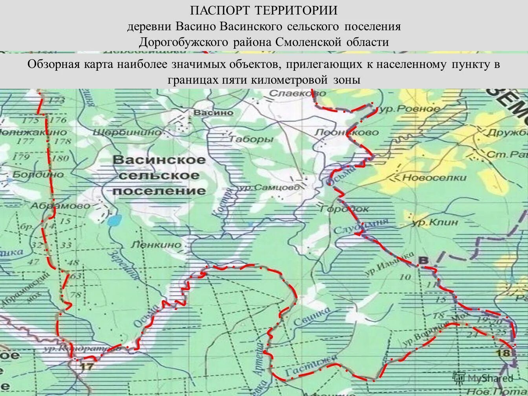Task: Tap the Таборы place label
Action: point(251,139)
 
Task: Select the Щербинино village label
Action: point(127,132)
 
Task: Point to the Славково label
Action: point(298,93)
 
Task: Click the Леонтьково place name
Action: point(347,133)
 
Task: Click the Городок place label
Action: point(345,209)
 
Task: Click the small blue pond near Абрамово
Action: point(114,221)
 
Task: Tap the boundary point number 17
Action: point(87,367)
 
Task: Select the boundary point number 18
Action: point(503,353)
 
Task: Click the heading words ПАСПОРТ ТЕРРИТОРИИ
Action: point(264,10)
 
